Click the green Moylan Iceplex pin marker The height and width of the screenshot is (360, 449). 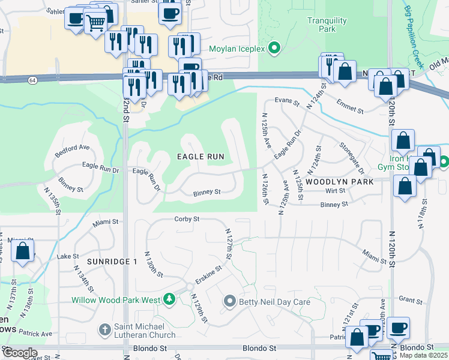coord(276,48)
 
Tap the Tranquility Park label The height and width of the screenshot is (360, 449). coord(327,25)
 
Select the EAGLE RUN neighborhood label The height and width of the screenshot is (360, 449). coord(200,157)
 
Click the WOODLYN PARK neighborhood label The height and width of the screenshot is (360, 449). coord(339,181)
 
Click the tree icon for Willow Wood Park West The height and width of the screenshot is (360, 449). coord(170,299)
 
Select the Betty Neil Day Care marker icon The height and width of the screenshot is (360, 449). coord(229,301)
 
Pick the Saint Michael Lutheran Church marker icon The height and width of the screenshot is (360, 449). coord(103,329)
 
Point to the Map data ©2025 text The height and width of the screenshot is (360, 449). coord(424,355)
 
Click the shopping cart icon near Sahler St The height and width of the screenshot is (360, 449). coord(95,23)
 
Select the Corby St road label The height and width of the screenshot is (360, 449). coord(187,220)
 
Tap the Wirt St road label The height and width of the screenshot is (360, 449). coord(335,191)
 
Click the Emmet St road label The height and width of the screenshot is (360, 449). coord(350,106)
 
